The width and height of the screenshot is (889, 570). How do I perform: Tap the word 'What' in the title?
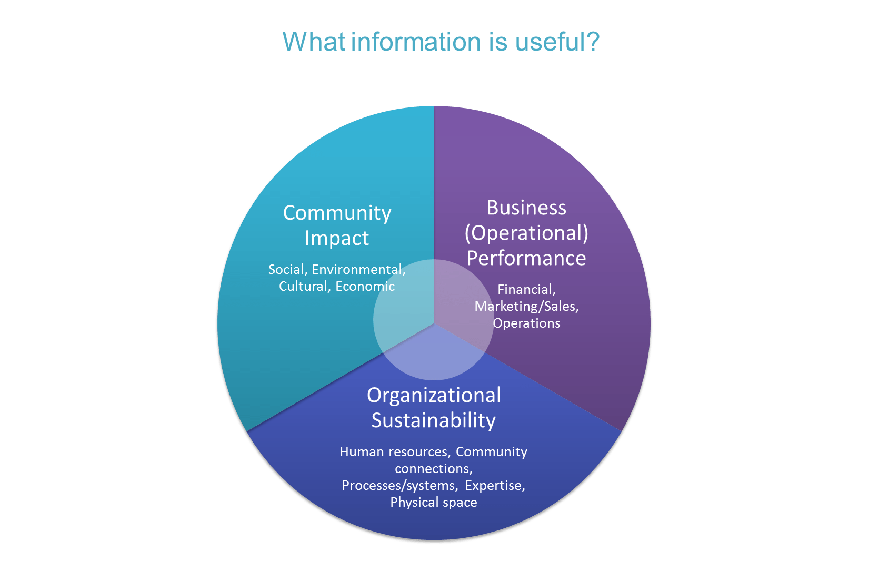tap(314, 42)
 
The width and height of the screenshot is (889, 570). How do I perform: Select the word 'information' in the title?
tap(416, 42)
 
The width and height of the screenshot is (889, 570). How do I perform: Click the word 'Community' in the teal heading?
tap(337, 213)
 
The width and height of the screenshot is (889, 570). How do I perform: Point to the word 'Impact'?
tap(337, 238)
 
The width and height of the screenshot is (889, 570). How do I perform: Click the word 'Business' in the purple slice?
tap(526, 208)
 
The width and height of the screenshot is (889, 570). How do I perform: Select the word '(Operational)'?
tap(526, 233)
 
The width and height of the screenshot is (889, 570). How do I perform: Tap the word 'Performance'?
tap(526, 258)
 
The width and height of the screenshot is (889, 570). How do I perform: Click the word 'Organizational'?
tap(434, 395)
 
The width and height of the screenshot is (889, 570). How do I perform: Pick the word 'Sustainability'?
tap(434, 420)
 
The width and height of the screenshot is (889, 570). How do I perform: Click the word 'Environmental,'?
tap(358, 270)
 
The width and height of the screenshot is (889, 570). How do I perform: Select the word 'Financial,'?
tap(526, 290)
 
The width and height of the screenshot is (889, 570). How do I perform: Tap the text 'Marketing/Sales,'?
tap(526, 307)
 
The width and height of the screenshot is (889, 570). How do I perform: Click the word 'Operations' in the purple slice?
tap(526, 323)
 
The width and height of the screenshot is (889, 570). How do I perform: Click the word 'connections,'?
tap(434, 469)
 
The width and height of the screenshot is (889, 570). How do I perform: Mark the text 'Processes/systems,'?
tap(399, 486)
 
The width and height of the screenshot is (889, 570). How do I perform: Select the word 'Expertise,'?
tap(495, 486)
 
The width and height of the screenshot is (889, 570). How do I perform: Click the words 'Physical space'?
tap(434, 503)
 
